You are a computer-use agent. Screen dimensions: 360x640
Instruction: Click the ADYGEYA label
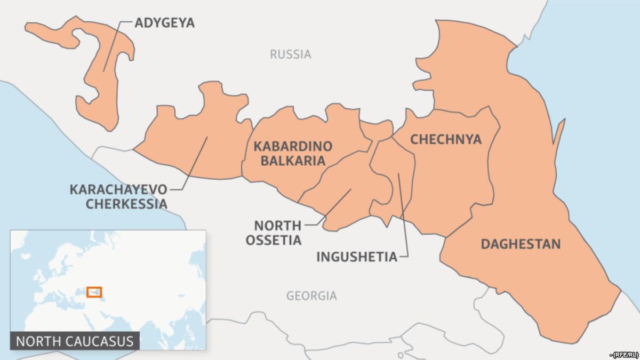(165, 22)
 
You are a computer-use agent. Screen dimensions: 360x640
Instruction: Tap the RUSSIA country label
(290, 54)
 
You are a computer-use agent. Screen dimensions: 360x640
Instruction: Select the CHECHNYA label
(445, 140)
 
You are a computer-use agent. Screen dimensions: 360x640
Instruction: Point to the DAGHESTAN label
(521, 244)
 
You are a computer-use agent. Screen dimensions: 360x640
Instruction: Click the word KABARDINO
(293, 146)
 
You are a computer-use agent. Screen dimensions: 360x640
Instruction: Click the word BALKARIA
(293, 161)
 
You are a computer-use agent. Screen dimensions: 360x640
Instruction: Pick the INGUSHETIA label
(357, 257)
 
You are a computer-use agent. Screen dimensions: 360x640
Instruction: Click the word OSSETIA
(274, 240)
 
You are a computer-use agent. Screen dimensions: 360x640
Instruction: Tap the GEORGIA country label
(311, 295)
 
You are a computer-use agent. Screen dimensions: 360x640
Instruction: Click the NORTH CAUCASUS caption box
(75, 340)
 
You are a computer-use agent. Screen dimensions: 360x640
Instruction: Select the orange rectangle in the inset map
(94, 292)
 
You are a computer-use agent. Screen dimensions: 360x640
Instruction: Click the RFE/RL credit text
(625, 354)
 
